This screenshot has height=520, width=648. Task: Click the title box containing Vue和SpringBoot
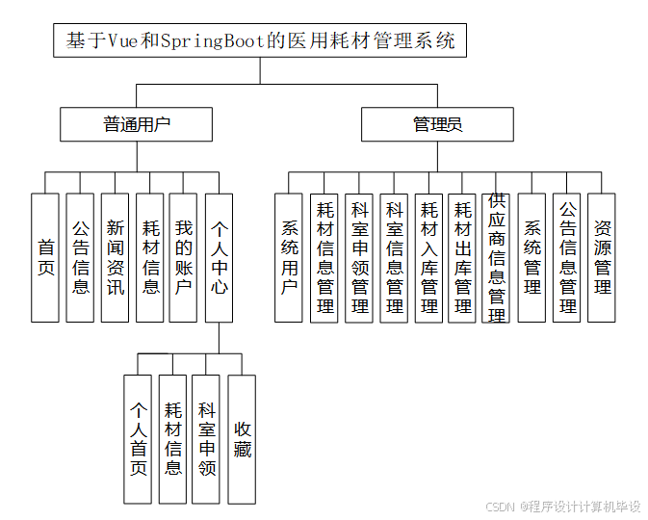click(261, 42)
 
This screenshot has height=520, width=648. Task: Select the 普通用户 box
click(136, 124)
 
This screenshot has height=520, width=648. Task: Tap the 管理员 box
click(437, 124)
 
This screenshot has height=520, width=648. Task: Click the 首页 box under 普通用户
click(45, 257)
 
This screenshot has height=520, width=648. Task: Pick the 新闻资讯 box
click(115, 257)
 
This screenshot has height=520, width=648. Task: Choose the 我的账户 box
click(183, 257)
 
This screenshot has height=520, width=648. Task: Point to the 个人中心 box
click(219, 257)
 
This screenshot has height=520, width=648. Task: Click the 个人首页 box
click(138, 439)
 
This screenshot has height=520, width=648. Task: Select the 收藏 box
click(242, 439)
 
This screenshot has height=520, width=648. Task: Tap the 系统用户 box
click(289, 257)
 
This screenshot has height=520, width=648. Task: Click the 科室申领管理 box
click(359, 257)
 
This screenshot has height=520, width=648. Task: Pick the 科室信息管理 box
click(394, 257)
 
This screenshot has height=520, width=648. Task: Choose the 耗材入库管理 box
click(428, 257)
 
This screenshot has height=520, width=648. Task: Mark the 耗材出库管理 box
click(462, 257)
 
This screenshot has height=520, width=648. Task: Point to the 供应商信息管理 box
click(497, 257)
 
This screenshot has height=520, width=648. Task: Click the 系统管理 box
click(531, 257)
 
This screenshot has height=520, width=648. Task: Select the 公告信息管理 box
click(567, 257)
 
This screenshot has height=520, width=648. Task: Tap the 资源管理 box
click(602, 257)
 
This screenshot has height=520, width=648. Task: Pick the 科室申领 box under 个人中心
click(206, 439)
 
